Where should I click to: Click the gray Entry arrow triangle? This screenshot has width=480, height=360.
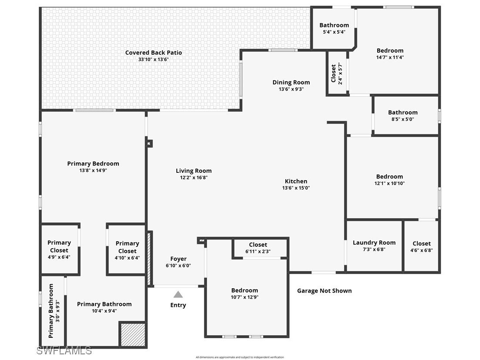pos(178,295)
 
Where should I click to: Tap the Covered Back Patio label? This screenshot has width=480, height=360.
pos(153,53)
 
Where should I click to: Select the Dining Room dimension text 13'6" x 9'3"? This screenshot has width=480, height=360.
pos(291,89)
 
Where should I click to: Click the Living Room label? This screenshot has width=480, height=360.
pos(193,171)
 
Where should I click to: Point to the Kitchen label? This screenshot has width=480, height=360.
pos(296,181)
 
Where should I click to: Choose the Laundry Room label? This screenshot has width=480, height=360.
pos(374,242)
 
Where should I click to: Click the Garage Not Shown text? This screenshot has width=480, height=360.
pos(324,291)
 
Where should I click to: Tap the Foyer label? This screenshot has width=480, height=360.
pos(178,259)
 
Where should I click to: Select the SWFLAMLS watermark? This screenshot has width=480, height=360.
pos(64,350)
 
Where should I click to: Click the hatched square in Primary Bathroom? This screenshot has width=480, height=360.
pos(132,334)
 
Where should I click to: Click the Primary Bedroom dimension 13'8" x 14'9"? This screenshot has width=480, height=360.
pos(93,171)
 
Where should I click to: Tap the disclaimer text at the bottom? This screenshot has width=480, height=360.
pos(240,357)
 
